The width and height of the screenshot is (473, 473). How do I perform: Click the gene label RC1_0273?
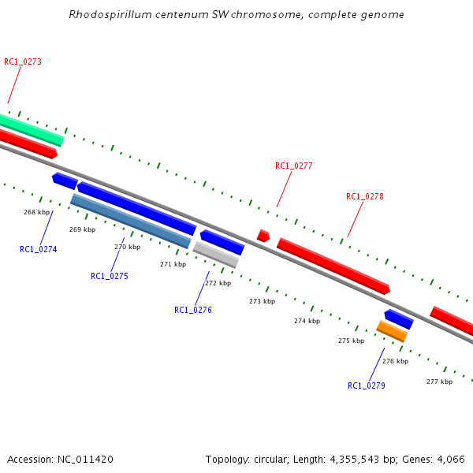pyautogui.click(x=23, y=61)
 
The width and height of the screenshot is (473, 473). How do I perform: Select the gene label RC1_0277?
pyautogui.click(x=294, y=166)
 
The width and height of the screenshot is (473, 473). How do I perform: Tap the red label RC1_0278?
pyautogui.click(x=365, y=196)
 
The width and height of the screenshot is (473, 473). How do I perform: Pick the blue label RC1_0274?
pyautogui.click(x=39, y=249)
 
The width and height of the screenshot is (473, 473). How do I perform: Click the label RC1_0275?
pyautogui.click(x=110, y=276)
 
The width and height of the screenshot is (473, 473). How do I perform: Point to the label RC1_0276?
pyautogui.click(x=193, y=310)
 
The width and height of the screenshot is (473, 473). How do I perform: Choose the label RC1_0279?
pyautogui.click(x=367, y=385)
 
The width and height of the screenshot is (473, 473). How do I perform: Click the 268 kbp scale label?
pyautogui.click(x=37, y=212)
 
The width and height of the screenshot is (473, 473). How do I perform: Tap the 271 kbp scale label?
pyautogui.click(x=173, y=264)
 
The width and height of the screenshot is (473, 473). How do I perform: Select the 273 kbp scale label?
pyautogui.click(x=262, y=301)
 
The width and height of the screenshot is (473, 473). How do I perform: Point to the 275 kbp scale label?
pyautogui.click(x=351, y=341)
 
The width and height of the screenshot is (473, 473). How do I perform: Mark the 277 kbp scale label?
pyautogui.click(x=439, y=382)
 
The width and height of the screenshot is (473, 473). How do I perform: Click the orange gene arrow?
pyautogui.click(x=392, y=331)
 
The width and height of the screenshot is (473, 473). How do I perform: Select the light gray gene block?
pyautogui.click(x=216, y=255)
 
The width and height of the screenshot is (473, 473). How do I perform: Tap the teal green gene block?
pyautogui.click(x=32, y=129)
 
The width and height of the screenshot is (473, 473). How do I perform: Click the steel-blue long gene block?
pyautogui.click(x=130, y=221)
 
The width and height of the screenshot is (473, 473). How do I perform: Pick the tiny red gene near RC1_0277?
pyautogui.click(x=263, y=235)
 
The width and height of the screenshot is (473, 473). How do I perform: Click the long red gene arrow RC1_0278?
pyautogui.click(x=333, y=266)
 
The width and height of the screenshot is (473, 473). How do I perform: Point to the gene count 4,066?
pyautogui.click(x=451, y=459)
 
